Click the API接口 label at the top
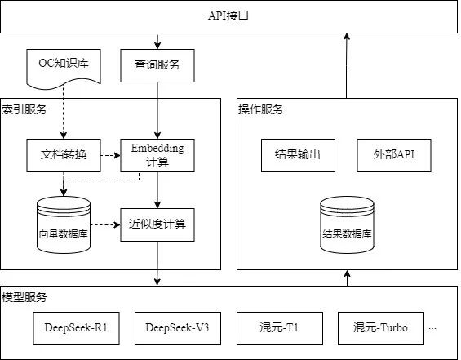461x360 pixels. pyautogui.click(x=228, y=16)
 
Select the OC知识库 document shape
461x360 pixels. pyautogui.click(x=64, y=69)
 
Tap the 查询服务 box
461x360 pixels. pyautogui.click(x=157, y=65)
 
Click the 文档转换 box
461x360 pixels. pyautogui.click(x=64, y=155)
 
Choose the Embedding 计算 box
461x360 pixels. pyautogui.click(x=157, y=155)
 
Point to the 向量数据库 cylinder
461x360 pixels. pyautogui.click(x=64, y=225)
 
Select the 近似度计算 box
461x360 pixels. pyautogui.click(x=157, y=225)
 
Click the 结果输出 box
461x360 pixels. pyautogui.click(x=298, y=155)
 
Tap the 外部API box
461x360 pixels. pyautogui.click(x=394, y=155)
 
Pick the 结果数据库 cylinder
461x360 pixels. pyautogui.click(x=347, y=225)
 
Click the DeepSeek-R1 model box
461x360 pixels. pyautogui.click(x=76, y=328)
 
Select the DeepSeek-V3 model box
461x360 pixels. pyautogui.click(x=178, y=328)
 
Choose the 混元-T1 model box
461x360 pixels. pyautogui.click(x=280, y=328)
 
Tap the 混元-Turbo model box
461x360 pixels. pyautogui.click(x=381, y=328)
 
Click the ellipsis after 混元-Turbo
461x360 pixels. pyautogui.click(x=432, y=329)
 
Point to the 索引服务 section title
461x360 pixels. pyautogui.click(x=24, y=109)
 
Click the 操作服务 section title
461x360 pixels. pyautogui.click(x=261, y=109)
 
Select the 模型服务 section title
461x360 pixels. pyautogui.click(x=24, y=297)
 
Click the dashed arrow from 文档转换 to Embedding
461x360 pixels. pyautogui.click(x=110, y=155)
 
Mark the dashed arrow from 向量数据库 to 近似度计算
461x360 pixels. pyautogui.click(x=105, y=225)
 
